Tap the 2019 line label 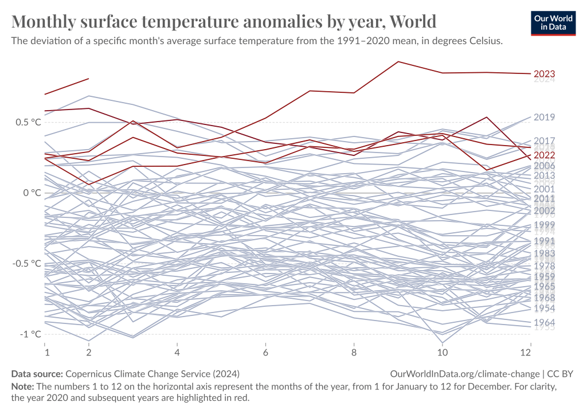point(544,117)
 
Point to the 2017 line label point(544,140)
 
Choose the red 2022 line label point(544,155)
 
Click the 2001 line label point(544,189)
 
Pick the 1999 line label point(544,225)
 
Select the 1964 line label point(544,322)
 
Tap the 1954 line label point(544,308)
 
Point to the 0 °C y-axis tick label point(29,193)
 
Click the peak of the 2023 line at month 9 point(398,61)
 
